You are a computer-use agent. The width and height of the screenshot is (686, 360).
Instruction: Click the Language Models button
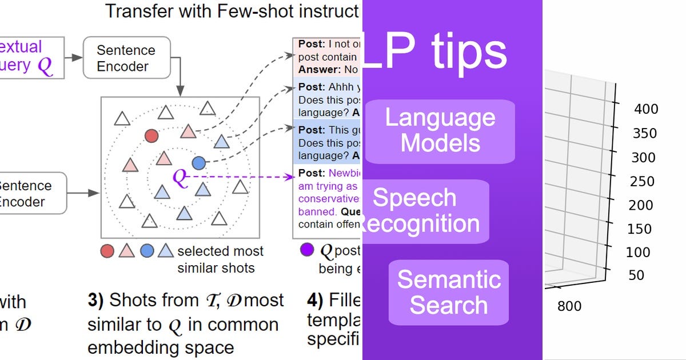(x=440, y=130)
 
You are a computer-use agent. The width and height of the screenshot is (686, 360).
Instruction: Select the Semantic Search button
(x=449, y=292)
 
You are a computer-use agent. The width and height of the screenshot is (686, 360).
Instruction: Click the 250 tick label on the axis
(x=642, y=181)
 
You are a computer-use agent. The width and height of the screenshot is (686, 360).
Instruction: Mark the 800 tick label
(x=569, y=307)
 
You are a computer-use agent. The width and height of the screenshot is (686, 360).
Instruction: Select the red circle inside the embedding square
(x=151, y=136)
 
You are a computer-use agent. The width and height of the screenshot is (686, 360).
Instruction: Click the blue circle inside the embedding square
(x=198, y=163)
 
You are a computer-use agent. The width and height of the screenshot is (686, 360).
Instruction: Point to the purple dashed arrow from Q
(x=240, y=177)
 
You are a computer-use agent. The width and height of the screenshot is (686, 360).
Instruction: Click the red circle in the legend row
(x=107, y=250)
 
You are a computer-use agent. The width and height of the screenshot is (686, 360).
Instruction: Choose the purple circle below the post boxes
(x=307, y=250)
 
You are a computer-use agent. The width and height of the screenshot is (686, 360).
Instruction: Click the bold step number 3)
(x=95, y=301)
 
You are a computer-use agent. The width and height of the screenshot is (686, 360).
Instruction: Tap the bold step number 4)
(x=315, y=301)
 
